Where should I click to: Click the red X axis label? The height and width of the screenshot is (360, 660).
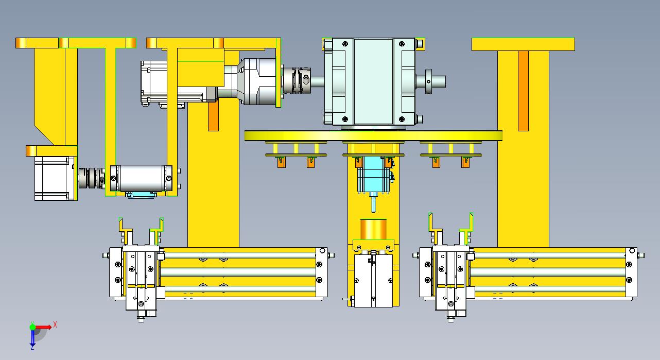[x=55, y=325]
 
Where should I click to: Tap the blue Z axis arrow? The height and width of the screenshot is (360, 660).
[x=32, y=337]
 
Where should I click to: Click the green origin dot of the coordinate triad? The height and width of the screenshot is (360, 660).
[x=32, y=327]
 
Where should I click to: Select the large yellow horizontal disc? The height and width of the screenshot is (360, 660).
[x=373, y=135]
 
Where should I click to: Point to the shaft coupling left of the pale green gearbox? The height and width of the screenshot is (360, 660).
[x=297, y=80]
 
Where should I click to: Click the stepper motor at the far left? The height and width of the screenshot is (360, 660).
[x=54, y=178]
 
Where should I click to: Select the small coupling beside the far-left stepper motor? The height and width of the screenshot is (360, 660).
[x=91, y=178]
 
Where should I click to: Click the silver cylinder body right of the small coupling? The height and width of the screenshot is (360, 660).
[x=141, y=178]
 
